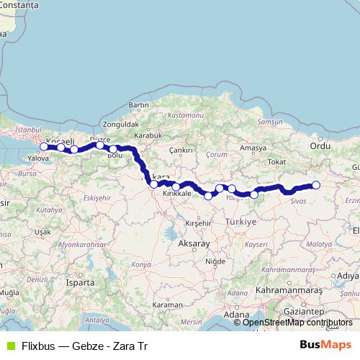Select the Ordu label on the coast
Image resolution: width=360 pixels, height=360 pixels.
click(x=319, y=145)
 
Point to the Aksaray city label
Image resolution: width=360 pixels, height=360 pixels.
click(x=191, y=245)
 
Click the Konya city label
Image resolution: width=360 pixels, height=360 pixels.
click(x=142, y=265)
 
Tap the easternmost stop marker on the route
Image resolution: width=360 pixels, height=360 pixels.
click(x=315, y=184)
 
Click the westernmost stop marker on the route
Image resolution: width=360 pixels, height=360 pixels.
click(x=44, y=146)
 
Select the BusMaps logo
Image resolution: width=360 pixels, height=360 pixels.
click(x=325, y=346)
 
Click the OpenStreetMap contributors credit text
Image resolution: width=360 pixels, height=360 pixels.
click(x=297, y=323)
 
